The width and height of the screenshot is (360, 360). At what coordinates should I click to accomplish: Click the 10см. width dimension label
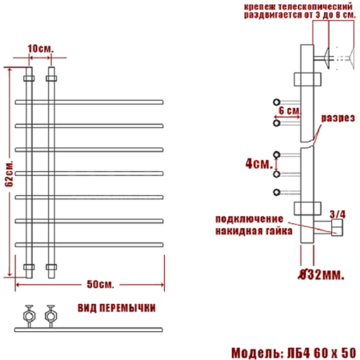[x=40, y=50]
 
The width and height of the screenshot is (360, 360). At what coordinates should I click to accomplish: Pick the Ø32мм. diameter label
[x=320, y=274]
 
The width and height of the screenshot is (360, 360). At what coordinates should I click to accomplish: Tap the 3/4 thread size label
[x=337, y=214]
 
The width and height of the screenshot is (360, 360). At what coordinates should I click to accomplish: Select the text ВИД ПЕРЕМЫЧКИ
[x=116, y=308]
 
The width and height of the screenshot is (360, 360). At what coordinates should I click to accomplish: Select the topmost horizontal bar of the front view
[x=90, y=101]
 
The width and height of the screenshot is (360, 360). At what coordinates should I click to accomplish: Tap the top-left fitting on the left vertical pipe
[x=29, y=79]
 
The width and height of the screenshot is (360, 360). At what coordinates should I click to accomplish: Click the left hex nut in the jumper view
[x=30, y=314]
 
